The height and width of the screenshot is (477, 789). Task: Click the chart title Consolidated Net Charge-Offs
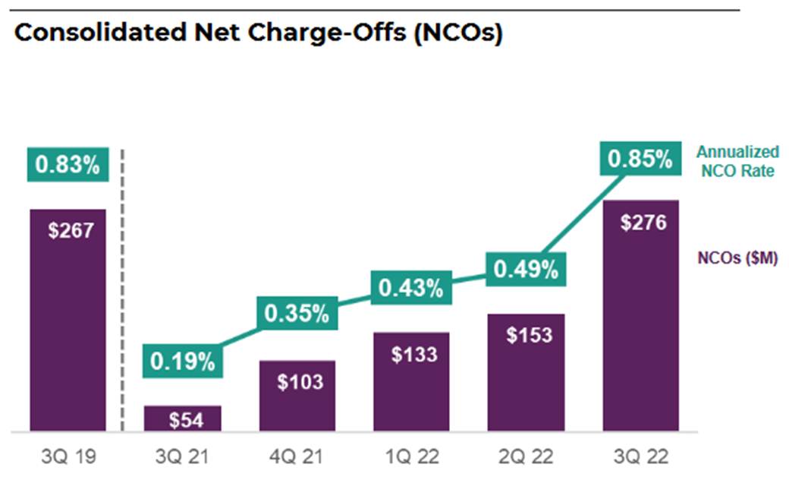coord(258,33)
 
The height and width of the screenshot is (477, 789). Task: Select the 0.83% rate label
coord(67,165)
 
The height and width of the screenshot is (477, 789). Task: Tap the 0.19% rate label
coord(182,361)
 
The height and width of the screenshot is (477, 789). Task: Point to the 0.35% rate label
coord(297,313)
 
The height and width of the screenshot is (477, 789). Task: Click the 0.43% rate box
coord(411,288)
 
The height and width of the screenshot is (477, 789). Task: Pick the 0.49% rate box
coord(526,268)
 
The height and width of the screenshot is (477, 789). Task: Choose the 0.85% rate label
coord(639,160)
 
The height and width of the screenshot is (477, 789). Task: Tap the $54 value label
coord(183,420)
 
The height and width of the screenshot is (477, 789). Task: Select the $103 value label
coord(297,381)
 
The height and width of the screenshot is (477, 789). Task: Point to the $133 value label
coord(412,355)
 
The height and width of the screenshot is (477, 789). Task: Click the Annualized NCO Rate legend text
coord(737,162)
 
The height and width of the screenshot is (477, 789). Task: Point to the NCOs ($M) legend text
coord(737,258)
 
